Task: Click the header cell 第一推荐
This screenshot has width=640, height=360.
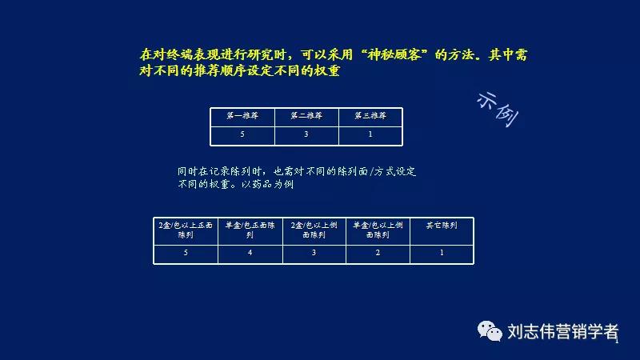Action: (x=242, y=116)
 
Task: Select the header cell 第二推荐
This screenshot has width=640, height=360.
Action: (x=306, y=116)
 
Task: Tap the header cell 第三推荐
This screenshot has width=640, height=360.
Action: (x=370, y=116)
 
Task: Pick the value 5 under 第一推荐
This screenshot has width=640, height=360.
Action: (x=242, y=134)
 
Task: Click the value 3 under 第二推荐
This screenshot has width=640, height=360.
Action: (x=306, y=134)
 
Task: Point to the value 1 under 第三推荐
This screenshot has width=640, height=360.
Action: (x=370, y=134)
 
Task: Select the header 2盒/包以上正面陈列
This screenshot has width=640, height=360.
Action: (x=186, y=230)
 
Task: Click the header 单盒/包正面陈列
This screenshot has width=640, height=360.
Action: (x=250, y=230)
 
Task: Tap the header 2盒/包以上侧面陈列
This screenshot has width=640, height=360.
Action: (x=314, y=230)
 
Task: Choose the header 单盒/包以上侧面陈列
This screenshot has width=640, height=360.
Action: (x=378, y=230)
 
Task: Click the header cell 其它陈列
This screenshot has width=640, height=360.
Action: (x=442, y=226)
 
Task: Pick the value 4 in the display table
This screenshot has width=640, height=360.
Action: (x=250, y=253)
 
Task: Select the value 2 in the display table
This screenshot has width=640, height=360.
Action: (x=378, y=253)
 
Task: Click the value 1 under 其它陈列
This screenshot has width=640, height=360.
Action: (x=442, y=253)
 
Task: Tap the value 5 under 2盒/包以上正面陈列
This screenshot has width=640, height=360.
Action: (x=186, y=253)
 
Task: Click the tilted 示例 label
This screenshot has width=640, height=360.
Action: (x=498, y=109)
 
